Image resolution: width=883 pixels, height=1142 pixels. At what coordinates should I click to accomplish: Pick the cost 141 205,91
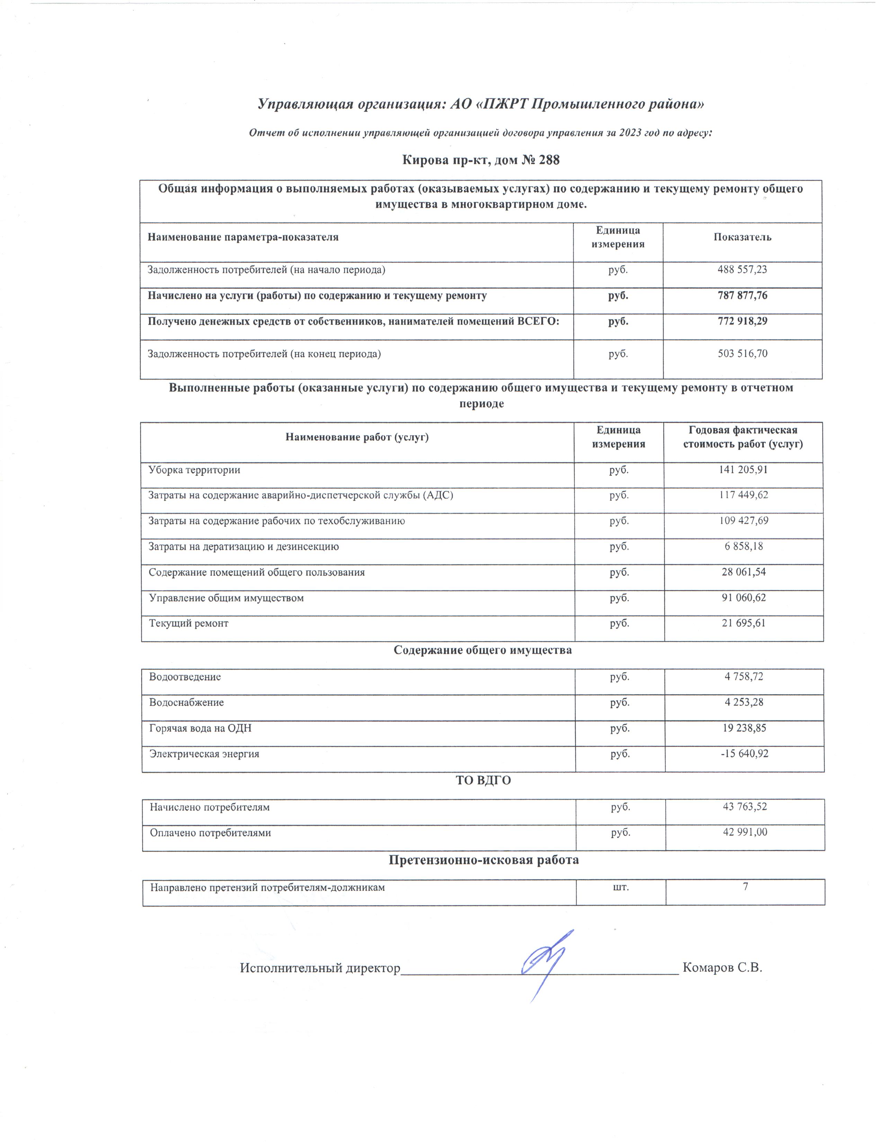(742, 470)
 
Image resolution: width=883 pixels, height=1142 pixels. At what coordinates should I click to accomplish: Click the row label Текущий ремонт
(188, 623)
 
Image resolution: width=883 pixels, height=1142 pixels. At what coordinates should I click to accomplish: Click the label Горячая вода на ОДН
(200, 728)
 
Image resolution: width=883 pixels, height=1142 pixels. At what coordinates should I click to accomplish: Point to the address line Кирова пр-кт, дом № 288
(481, 160)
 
